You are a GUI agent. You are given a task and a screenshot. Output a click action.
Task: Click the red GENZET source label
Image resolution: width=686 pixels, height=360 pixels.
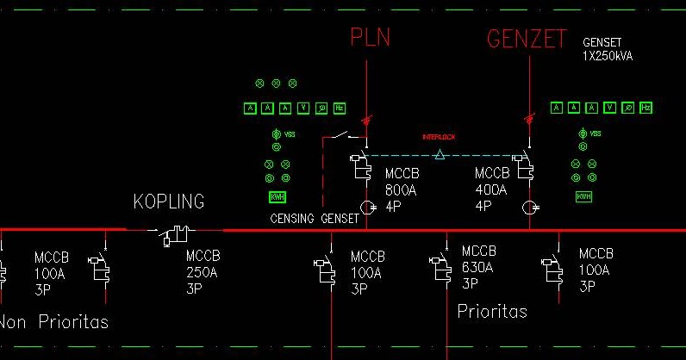pyautogui.click(x=527, y=39)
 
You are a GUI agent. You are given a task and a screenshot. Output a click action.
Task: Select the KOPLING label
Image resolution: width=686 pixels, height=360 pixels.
pyautogui.click(x=169, y=202)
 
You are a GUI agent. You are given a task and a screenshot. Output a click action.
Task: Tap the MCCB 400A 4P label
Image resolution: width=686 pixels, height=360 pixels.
pyautogui.click(x=492, y=189)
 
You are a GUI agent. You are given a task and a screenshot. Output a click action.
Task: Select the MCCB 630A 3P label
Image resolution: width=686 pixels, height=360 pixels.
pyautogui.click(x=479, y=267)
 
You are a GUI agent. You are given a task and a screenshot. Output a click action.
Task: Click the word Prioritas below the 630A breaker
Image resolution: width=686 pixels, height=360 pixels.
pyautogui.click(x=492, y=311)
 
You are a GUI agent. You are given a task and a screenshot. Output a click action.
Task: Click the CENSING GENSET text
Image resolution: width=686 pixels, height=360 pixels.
pyautogui.click(x=315, y=219)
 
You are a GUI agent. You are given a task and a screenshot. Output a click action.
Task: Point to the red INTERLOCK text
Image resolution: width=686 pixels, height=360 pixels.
pyautogui.click(x=439, y=137)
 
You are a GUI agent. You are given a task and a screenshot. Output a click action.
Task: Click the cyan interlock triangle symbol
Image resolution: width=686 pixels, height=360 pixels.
pyautogui.click(x=440, y=155)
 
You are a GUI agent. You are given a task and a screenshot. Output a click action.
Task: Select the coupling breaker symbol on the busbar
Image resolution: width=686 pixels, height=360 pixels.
pyautogui.click(x=176, y=233)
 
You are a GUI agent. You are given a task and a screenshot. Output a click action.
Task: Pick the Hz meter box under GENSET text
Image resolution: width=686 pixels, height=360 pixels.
pyautogui.click(x=645, y=108)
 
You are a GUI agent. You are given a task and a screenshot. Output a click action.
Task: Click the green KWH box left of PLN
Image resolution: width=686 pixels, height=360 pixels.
pyautogui.click(x=278, y=197)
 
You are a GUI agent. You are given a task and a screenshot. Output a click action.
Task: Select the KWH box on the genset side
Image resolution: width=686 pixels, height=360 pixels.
pyautogui.click(x=583, y=197)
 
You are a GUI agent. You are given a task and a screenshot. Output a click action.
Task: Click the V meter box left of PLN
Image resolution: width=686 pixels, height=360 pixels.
pyautogui.click(x=304, y=108)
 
